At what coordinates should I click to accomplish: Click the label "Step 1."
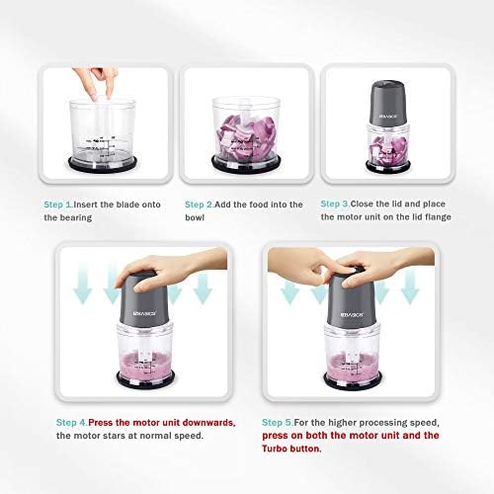point(58,205)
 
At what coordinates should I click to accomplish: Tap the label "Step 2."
point(200,205)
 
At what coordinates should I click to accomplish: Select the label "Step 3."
point(335,204)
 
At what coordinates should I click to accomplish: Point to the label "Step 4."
point(71,423)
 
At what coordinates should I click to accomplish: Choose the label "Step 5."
point(278,423)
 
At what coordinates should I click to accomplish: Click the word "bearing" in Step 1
point(76,218)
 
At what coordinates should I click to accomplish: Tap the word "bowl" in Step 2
point(195,217)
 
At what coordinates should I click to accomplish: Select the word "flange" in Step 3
point(438,217)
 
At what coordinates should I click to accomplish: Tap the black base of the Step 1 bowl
point(103,163)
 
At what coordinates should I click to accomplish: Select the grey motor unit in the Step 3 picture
point(388,103)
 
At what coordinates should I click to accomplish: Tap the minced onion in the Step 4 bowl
point(145,365)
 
